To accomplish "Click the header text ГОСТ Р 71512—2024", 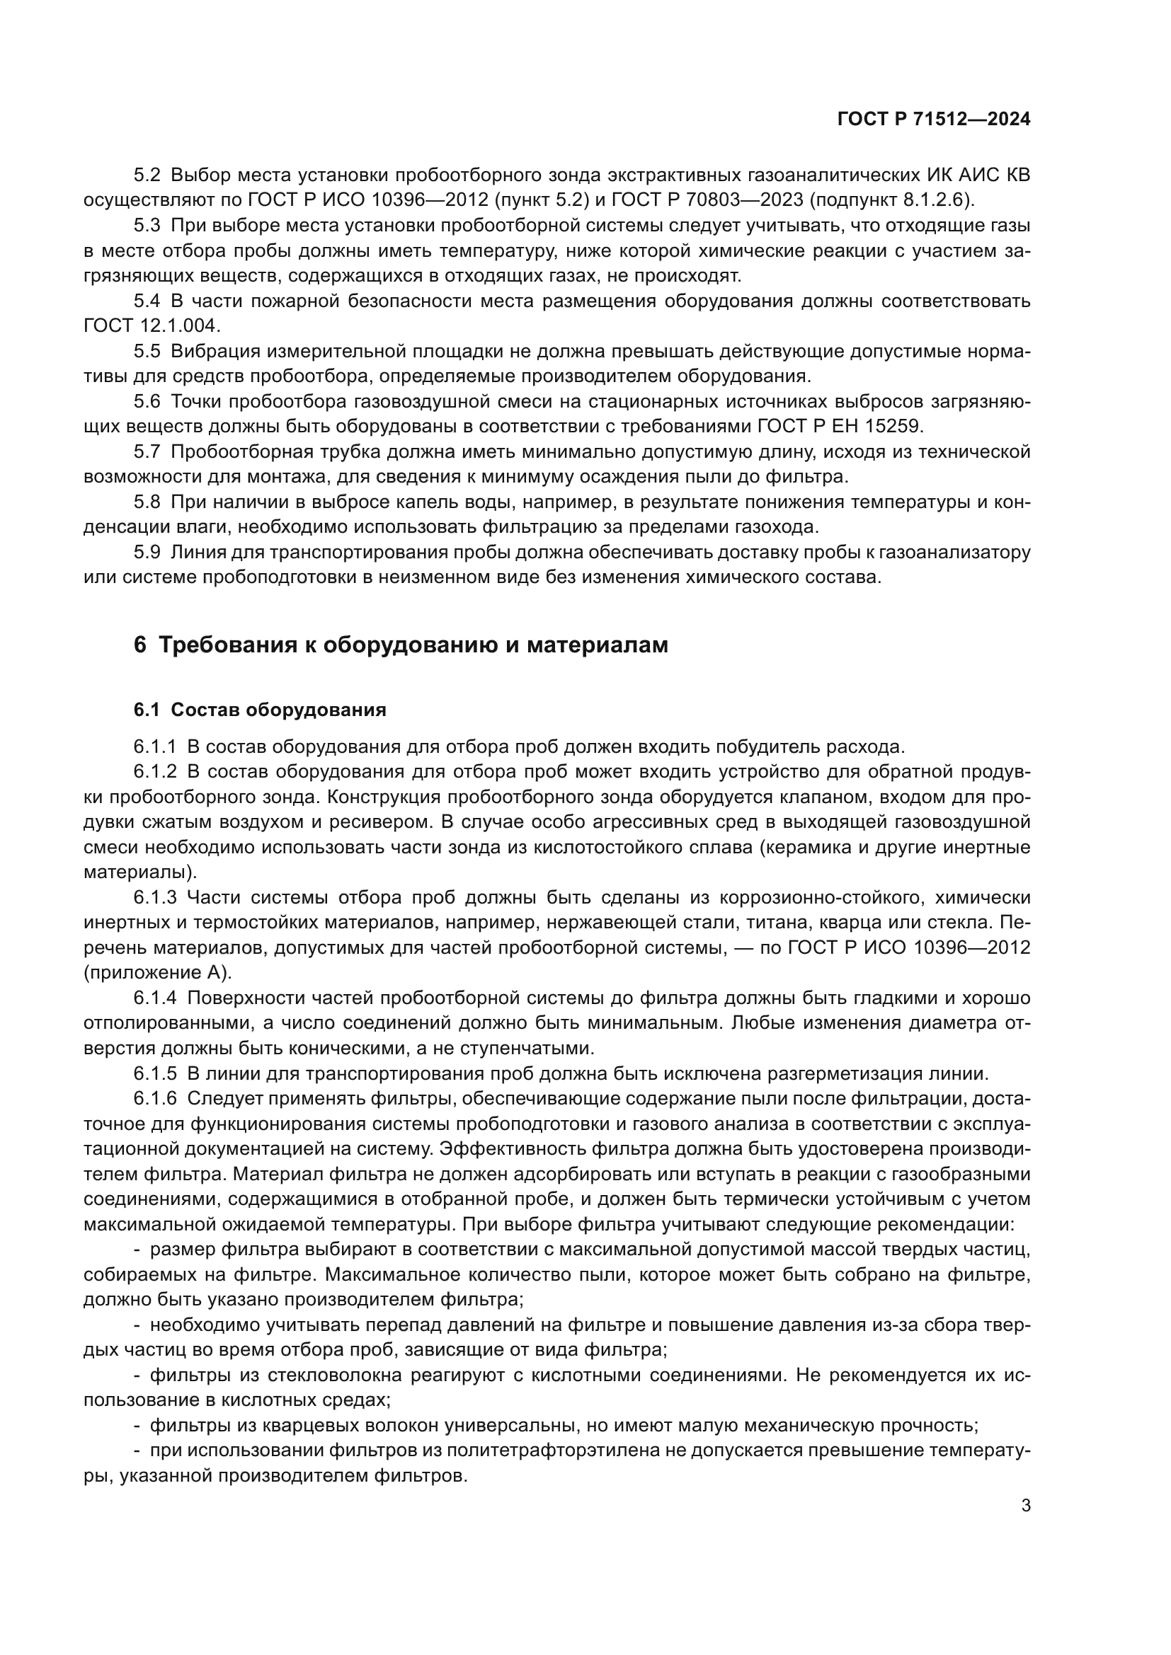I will click(x=934, y=120).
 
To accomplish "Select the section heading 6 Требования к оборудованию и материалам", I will click(x=401, y=645).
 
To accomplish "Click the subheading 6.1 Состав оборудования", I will click(x=260, y=710).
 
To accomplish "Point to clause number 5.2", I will click(x=147, y=175).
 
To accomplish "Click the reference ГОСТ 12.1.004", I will click(x=152, y=325).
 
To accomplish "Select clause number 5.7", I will click(x=147, y=452).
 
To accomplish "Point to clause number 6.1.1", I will click(x=154, y=746).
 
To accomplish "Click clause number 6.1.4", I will click(x=154, y=998).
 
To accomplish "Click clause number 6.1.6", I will click(x=154, y=1099).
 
